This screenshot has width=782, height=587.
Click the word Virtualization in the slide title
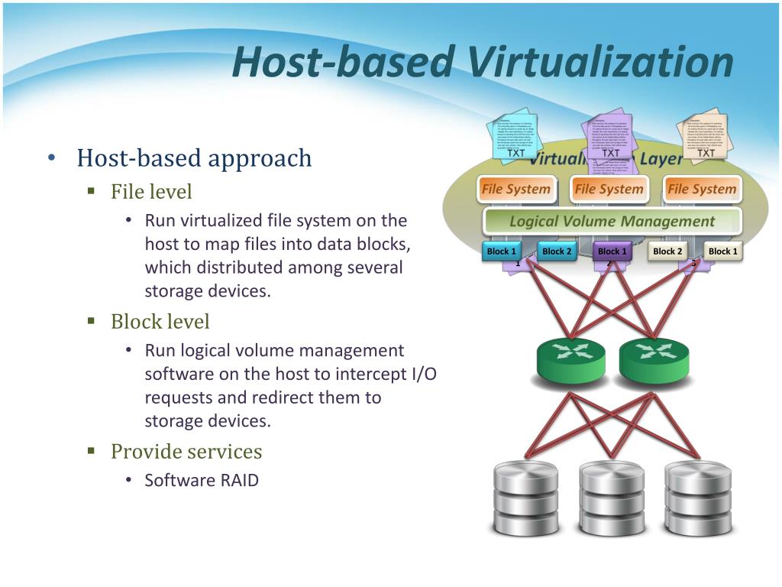(x=596, y=63)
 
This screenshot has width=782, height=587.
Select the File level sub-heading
(x=151, y=191)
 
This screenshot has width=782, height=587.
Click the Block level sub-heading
(x=160, y=322)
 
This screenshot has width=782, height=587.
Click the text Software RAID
(x=202, y=481)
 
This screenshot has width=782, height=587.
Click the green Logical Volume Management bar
(x=612, y=222)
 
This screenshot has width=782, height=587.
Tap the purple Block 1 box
(x=612, y=251)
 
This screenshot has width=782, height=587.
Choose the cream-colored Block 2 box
(x=667, y=251)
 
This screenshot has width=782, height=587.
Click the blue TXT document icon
(x=517, y=138)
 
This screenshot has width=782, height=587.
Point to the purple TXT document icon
(x=612, y=138)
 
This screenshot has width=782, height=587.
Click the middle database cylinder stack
(x=612, y=497)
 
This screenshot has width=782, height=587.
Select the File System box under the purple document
(x=609, y=189)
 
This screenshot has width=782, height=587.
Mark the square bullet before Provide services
(x=92, y=452)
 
